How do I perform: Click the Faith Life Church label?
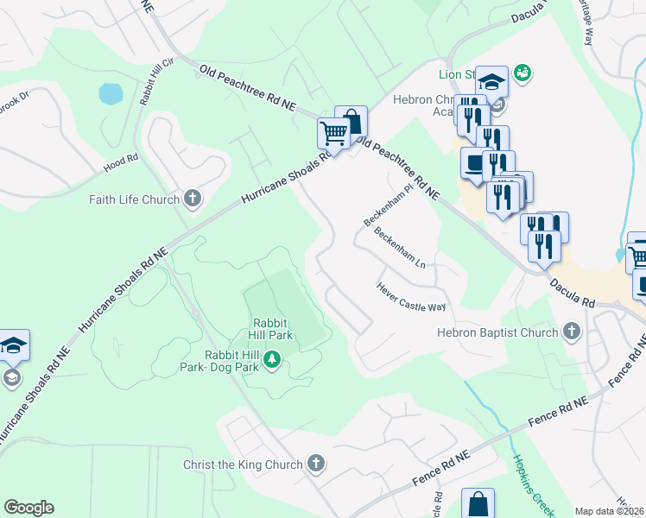134,200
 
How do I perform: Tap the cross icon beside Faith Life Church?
192,200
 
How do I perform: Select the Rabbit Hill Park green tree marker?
272,358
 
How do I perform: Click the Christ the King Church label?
243,464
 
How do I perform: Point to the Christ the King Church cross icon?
316,464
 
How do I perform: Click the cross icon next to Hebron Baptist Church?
570,332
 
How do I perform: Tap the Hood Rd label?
121,159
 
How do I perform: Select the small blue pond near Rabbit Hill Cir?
111,93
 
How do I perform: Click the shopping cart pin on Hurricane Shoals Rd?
332,133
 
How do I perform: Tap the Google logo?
28,508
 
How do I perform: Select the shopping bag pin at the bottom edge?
478,504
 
